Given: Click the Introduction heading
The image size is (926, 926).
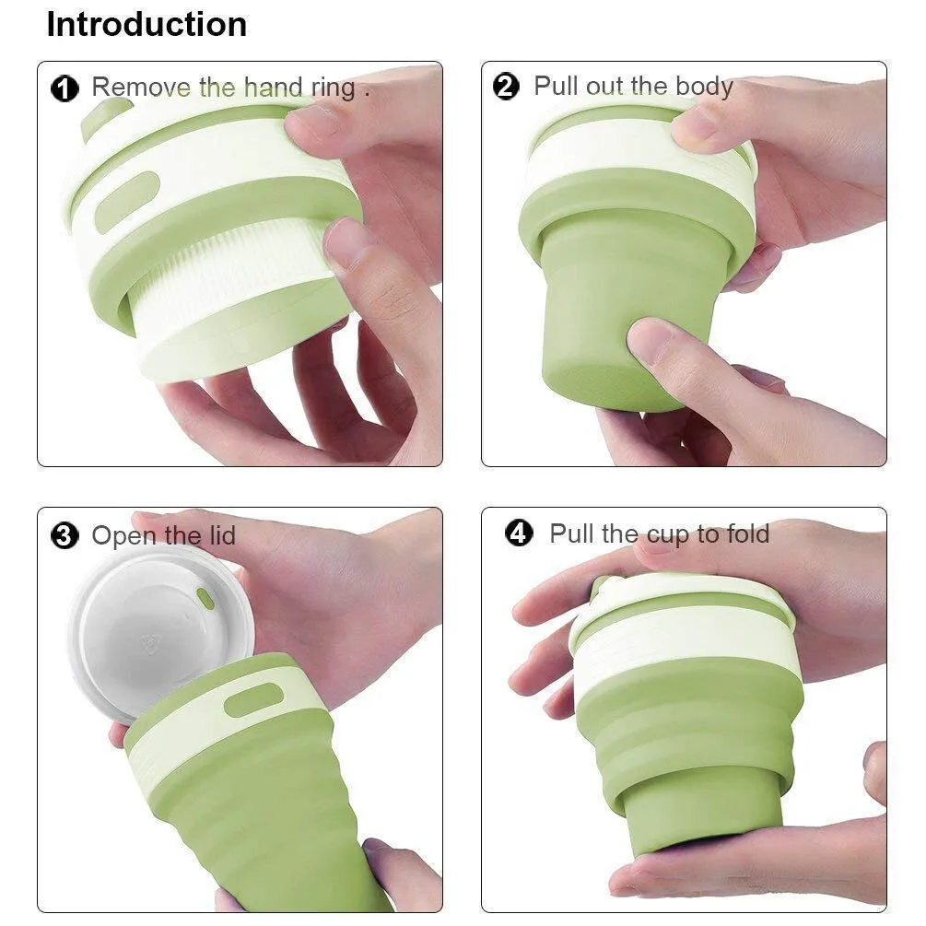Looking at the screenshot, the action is [x=147, y=25].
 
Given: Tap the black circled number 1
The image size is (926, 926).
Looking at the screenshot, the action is [x=65, y=88].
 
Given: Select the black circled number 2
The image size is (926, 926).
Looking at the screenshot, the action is [x=506, y=87].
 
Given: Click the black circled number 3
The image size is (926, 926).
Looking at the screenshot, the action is [x=65, y=536].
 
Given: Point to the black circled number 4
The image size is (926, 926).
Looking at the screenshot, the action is [x=519, y=533].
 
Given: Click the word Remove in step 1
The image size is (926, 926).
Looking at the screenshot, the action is [x=142, y=87].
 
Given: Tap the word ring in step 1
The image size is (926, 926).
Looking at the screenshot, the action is [x=334, y=88].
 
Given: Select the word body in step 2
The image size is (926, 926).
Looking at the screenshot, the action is [x=705, y=87].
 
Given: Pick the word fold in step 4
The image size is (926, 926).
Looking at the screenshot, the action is [x=748, y=533].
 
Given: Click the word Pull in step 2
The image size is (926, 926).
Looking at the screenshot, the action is [x=557, y=86].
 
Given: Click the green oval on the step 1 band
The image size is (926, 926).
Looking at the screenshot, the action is [x=127, y=201].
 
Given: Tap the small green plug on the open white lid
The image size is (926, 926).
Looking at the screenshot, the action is [x=205, y=598].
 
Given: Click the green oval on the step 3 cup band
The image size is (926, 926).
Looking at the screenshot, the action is [x=254, y=700].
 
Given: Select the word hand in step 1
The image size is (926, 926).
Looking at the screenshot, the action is [x=274, y=87].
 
